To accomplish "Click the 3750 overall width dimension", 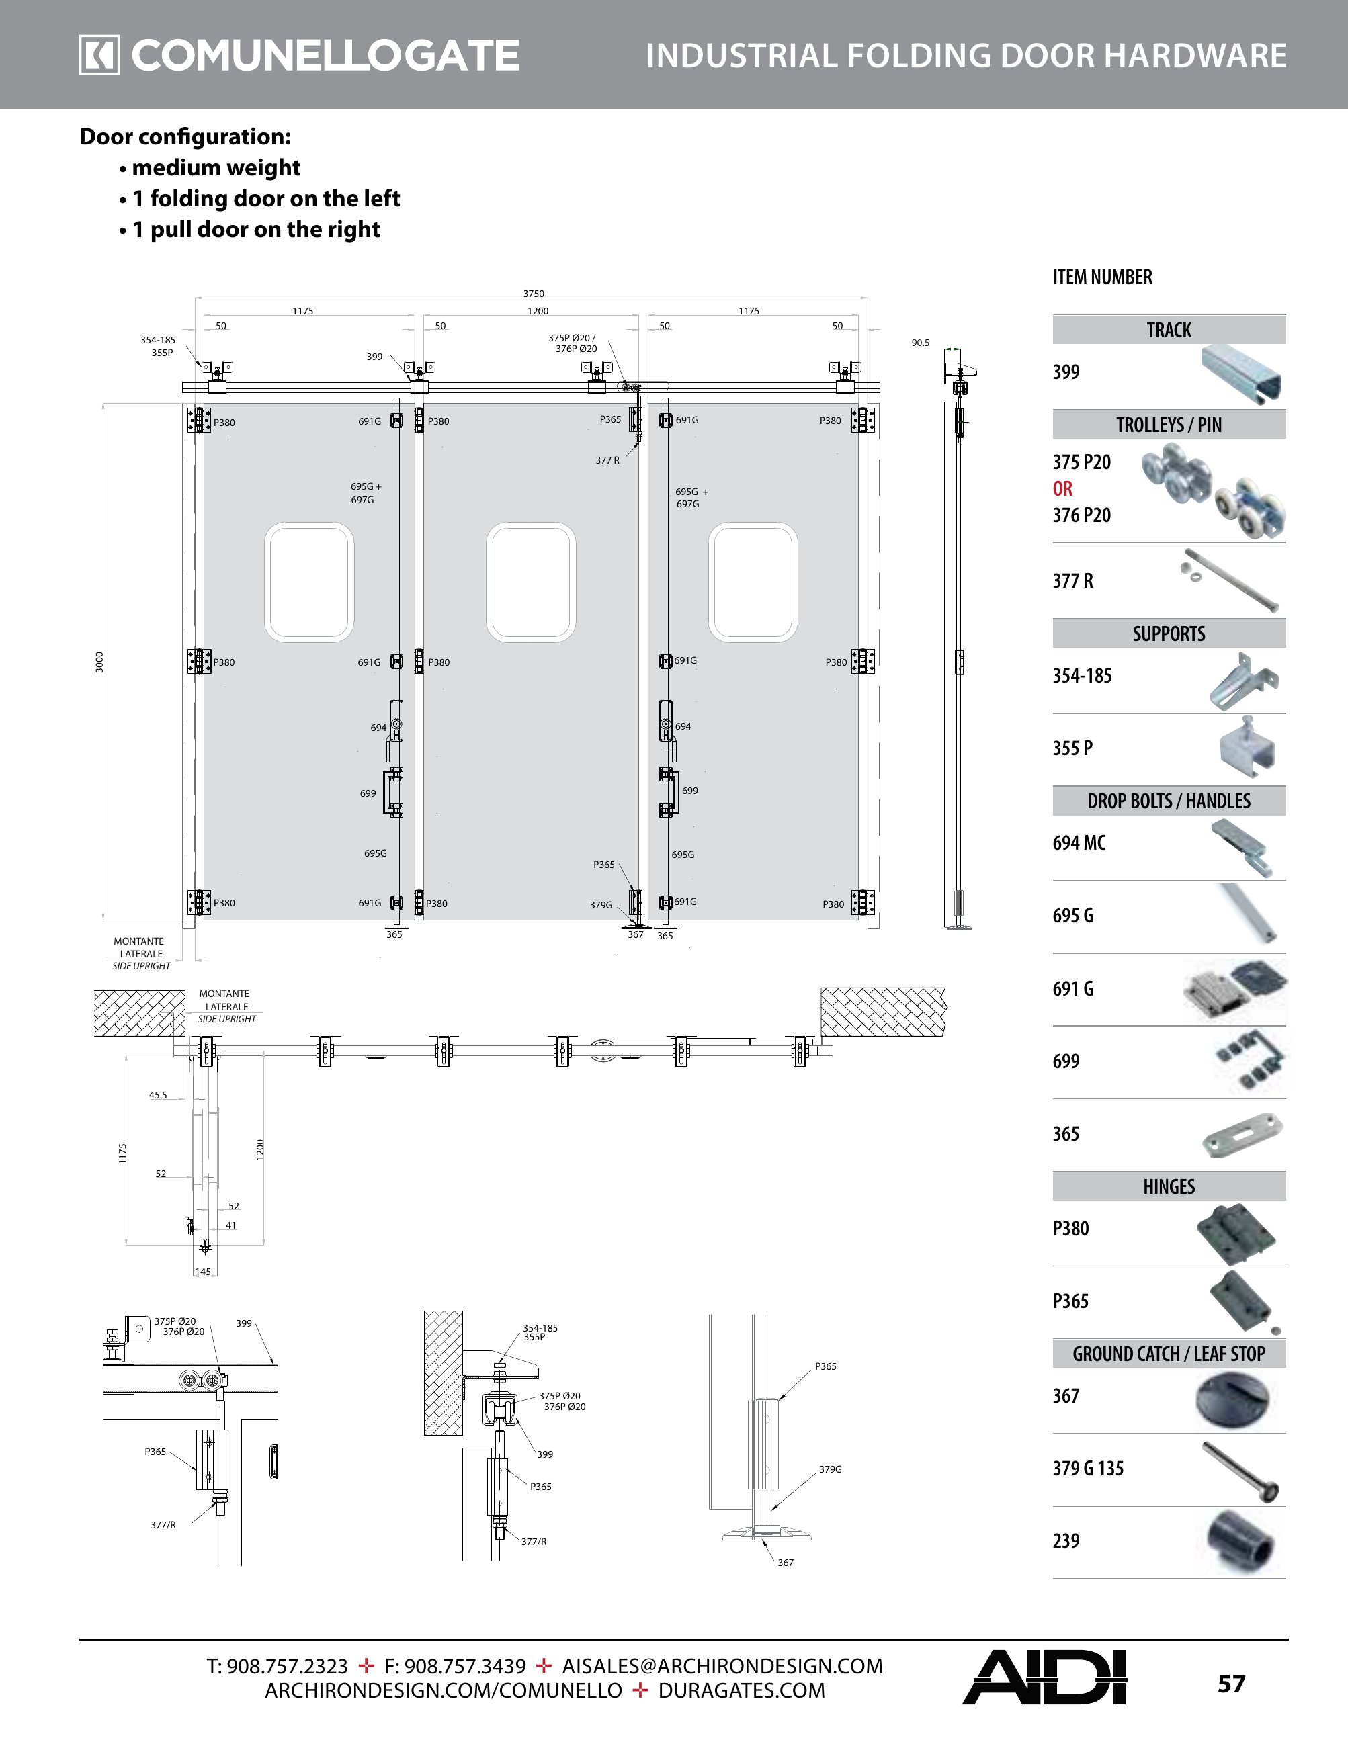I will tap(534, 294).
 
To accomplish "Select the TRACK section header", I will tap(1169, 330).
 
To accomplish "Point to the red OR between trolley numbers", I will tap(1062, 488).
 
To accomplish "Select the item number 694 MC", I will tap(1079, 843).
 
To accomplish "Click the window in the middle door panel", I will tap(531, 582).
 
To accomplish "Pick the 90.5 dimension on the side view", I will tap(920, 343).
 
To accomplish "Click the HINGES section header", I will tap(1169, 1186).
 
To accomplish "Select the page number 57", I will tap(1230, 1684).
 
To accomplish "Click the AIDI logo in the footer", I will tap(1044, 1677).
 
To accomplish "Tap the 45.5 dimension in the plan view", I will tap(158, 1096).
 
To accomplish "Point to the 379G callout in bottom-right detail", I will tap(830, 1469).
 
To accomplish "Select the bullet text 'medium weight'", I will tap(216, 168).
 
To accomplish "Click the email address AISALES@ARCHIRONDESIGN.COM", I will tap(722, 1667).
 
